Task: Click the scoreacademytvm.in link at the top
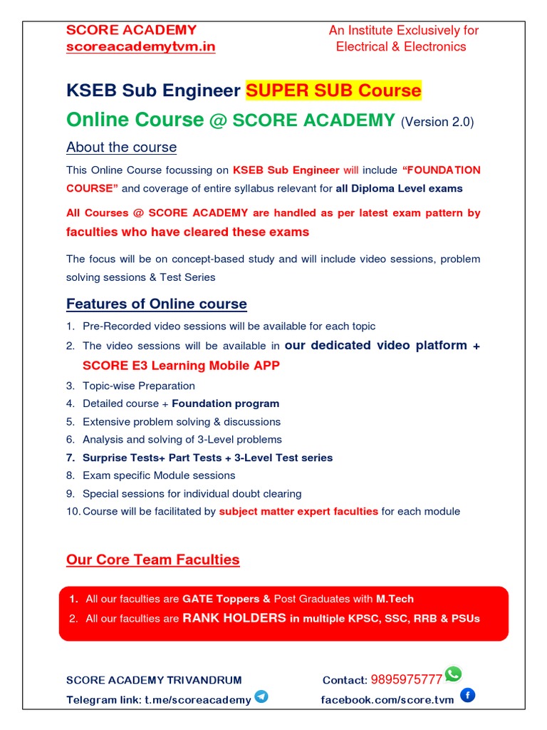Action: pos(140,47)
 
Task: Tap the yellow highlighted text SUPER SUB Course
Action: pos(333,91)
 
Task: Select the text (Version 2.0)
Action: pos(437,122)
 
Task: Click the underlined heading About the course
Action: pos(121,148)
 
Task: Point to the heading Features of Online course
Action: pos(157,304)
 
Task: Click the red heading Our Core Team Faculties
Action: pos(153,560)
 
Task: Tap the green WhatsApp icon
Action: pos(453,674)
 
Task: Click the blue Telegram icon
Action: pos(261,696)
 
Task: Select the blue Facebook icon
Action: pos(467,695)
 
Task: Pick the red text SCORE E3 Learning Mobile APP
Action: pos(181,366)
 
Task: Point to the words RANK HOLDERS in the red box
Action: pos(234,618)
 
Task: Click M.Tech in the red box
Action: pos(395,599)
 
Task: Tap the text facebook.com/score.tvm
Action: pos(387,700)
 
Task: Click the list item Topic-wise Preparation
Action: pos(138,386)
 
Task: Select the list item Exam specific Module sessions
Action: pos(159,475)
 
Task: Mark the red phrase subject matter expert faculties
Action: pos(298,511)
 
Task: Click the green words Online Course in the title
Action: pos(135,120)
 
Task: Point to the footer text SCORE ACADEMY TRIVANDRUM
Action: pos(154,680)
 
